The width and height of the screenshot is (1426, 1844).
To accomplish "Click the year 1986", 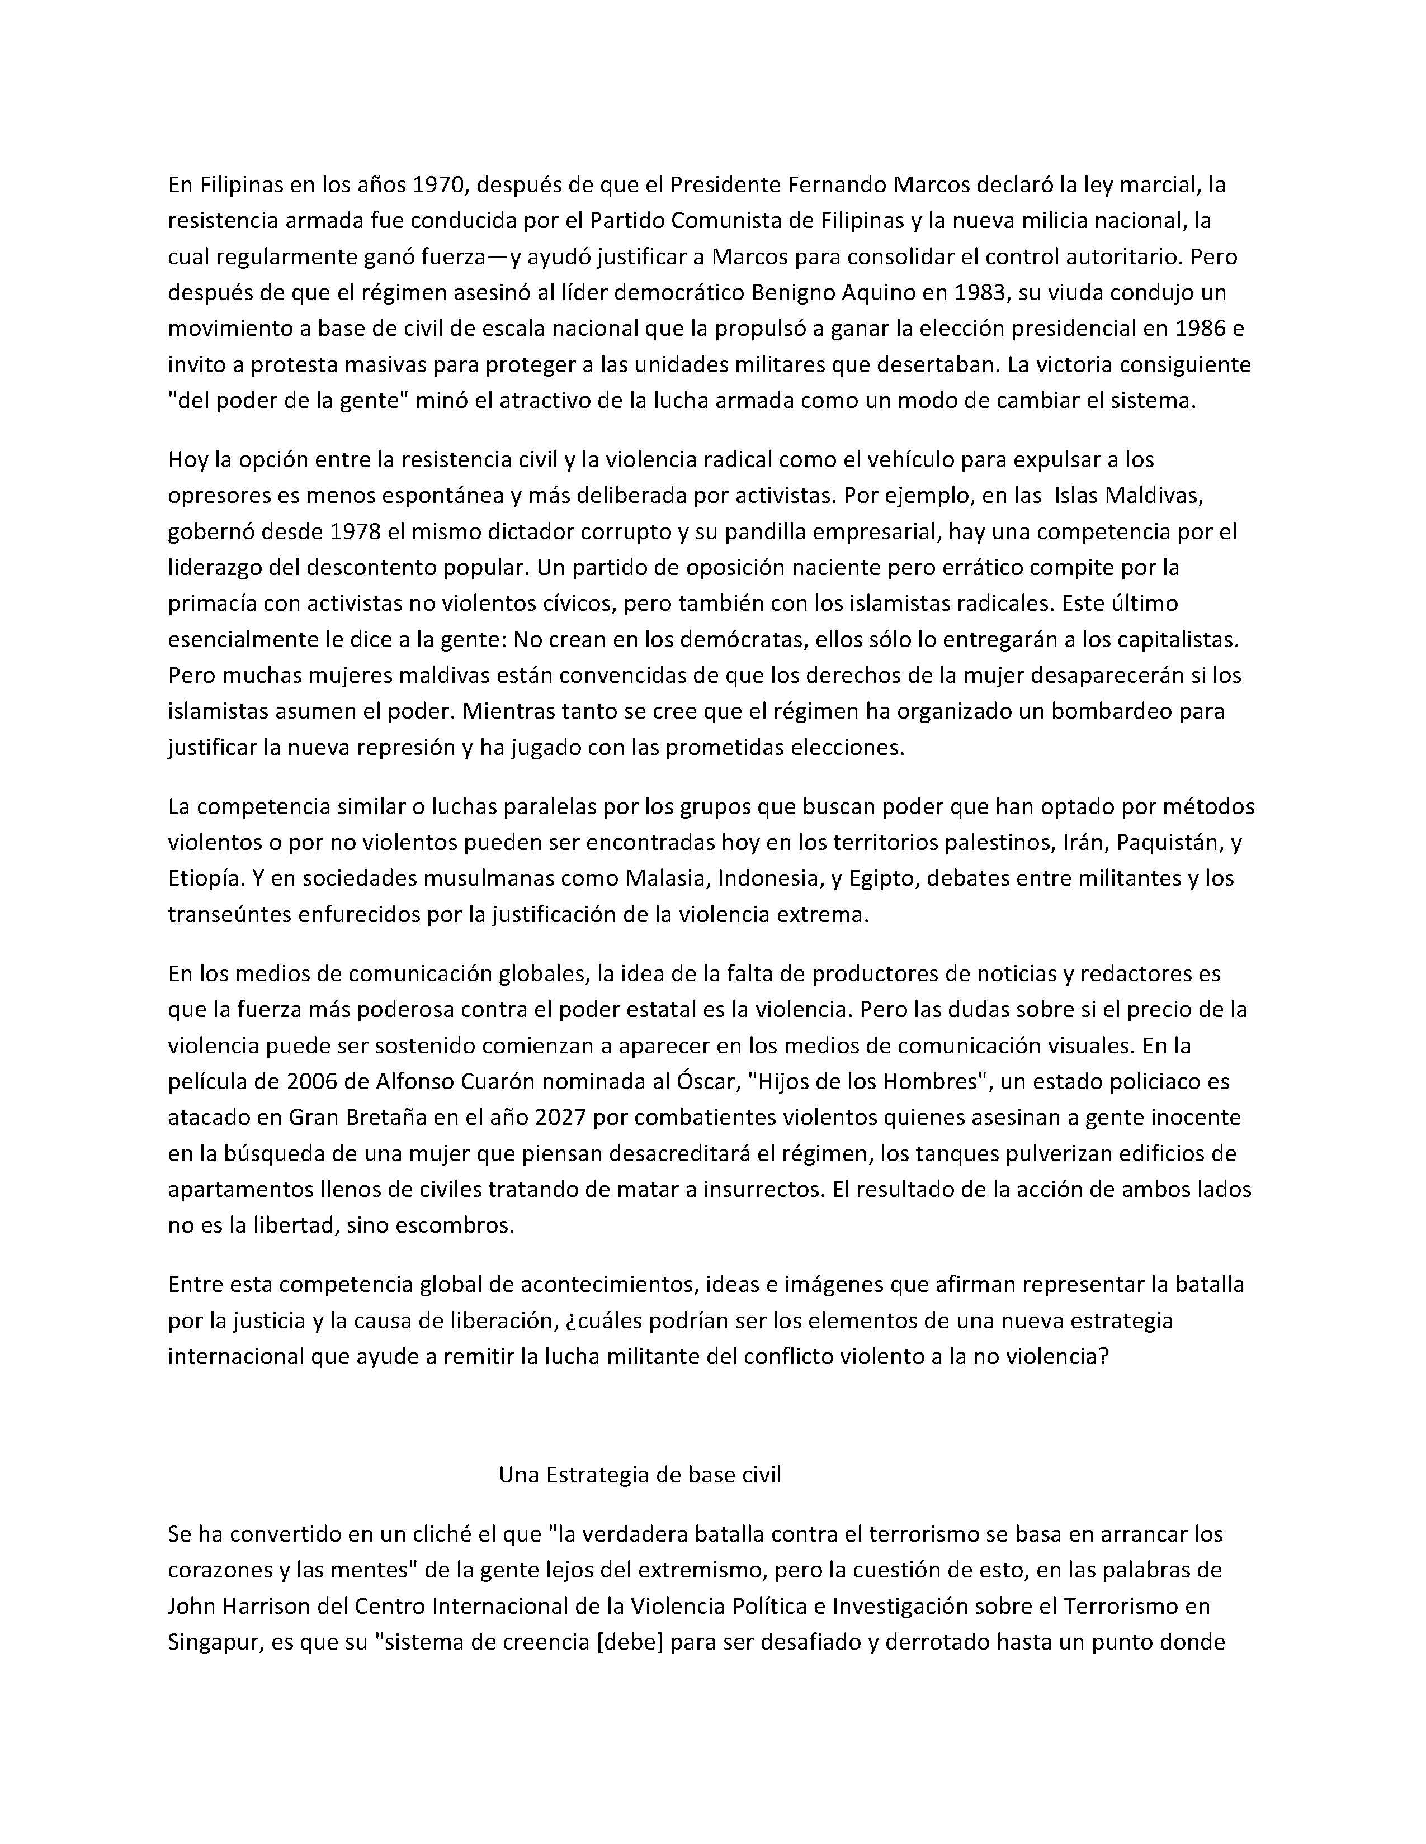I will [x=1202, y=329].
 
